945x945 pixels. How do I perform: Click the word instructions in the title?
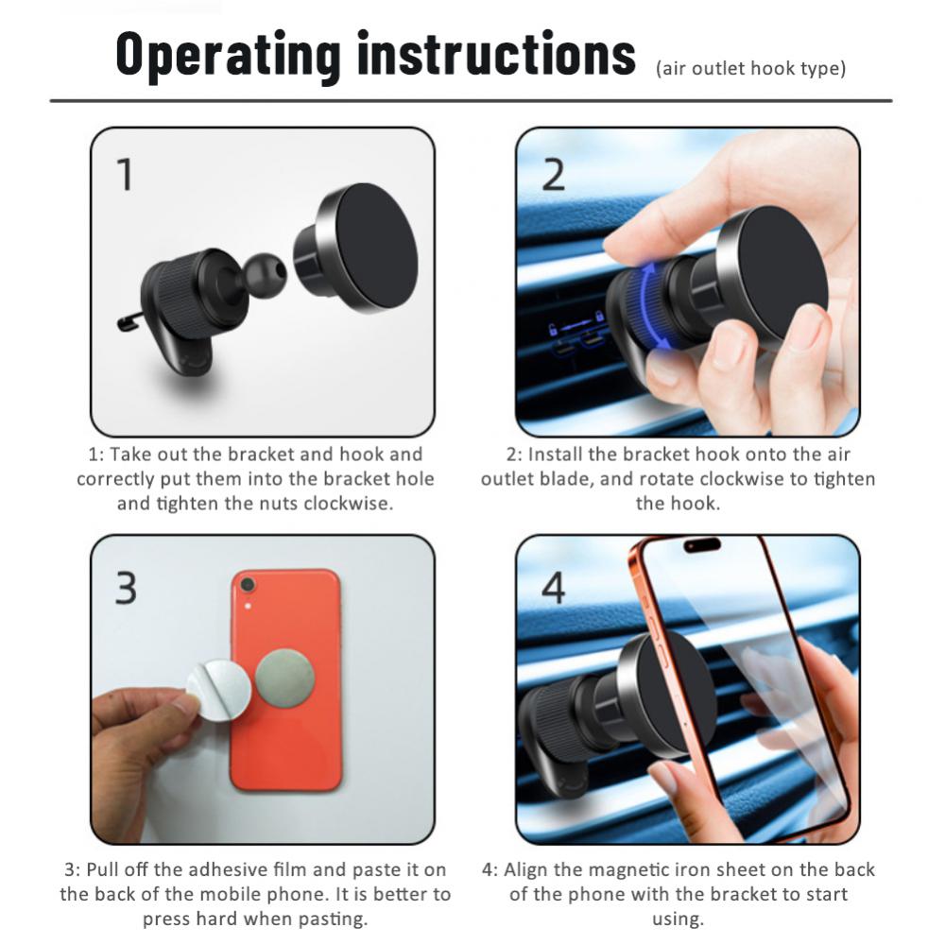pyautogui.click(x=496, y=55)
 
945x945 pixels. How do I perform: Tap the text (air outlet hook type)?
pyautogui.click(x=750, y=69)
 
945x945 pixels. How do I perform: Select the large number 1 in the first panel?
pyautogui.click(x=125, y=176)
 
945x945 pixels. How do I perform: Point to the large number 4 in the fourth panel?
pyautogui.click(x=553, y=587)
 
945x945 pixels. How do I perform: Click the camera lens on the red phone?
pyautogui.click(x=249, y=586)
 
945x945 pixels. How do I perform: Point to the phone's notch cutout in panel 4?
pyautogui.click(x=702, y=545)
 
